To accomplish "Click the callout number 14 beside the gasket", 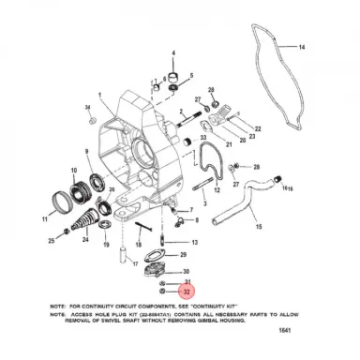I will [302, 47].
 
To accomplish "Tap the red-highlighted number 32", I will [187, 292].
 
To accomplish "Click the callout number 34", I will [86, 109].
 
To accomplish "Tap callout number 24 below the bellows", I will [85, 240].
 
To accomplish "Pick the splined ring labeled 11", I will [61, 200].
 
